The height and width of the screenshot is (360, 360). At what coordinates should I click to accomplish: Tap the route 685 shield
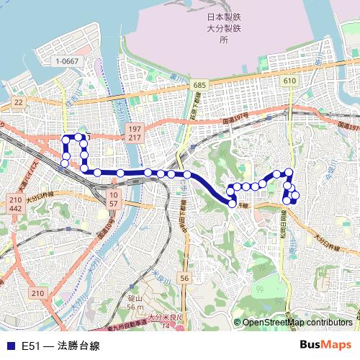pos(199,85)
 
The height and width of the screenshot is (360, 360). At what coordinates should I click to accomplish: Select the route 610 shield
pos(289,81)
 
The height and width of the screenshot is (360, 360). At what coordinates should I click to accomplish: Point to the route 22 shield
pos(19,103)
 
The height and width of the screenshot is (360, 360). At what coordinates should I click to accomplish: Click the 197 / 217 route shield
pos(135,132)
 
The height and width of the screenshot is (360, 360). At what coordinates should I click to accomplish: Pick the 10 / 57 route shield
pos(114,199)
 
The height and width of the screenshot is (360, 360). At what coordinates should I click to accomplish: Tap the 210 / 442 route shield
pos(16,204)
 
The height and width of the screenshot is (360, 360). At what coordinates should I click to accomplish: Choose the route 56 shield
pos(185,278)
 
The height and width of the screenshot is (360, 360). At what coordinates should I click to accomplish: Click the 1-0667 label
pos(66,61)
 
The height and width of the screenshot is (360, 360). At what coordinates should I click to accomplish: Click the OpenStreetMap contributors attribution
pos(297,323)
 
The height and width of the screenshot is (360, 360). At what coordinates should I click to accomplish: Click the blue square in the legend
pos(10,346)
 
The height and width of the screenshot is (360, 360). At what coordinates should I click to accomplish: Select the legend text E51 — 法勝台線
pos(60,346)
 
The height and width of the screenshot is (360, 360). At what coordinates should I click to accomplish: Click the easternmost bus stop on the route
pos(295,194)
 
